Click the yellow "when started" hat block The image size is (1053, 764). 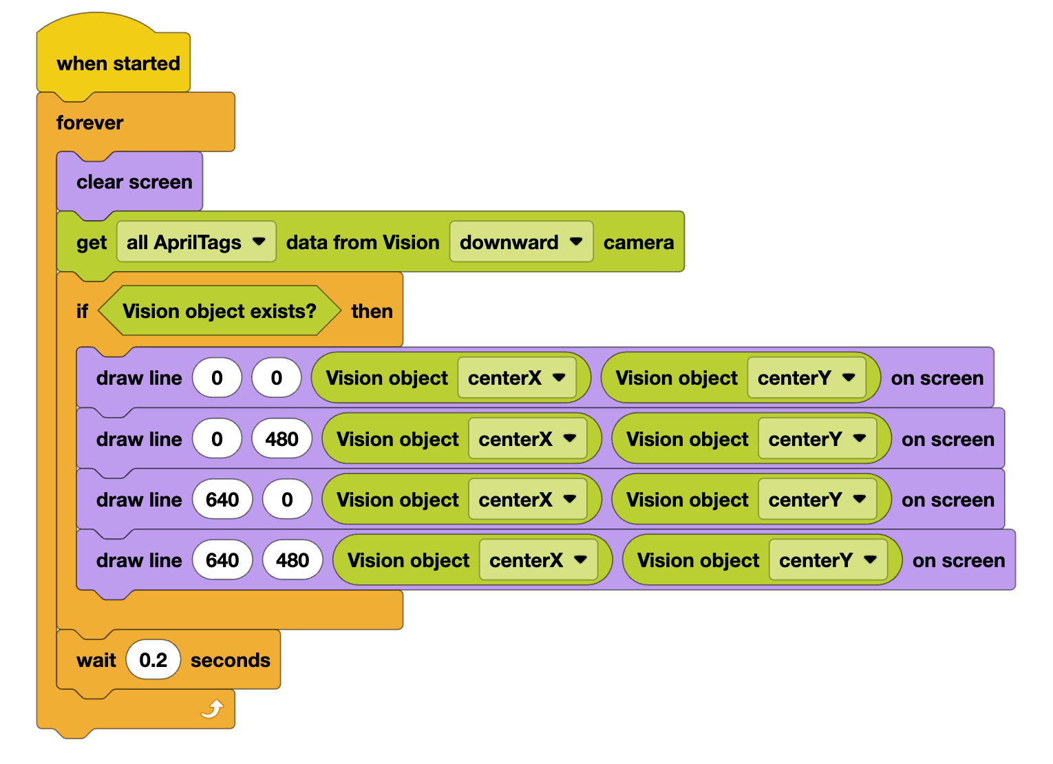118,63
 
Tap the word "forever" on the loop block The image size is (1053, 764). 89,123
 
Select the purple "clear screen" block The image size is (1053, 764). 134,182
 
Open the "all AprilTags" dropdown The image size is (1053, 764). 196,242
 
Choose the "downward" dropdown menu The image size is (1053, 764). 521,242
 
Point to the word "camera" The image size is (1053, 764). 638,242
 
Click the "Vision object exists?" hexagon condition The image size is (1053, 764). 219,311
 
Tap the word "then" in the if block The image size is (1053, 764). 372,311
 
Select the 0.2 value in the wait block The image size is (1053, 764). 153,660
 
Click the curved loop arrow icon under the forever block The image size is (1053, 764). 213,708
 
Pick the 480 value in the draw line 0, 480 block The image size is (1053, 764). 281,439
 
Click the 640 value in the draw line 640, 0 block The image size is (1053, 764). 222,500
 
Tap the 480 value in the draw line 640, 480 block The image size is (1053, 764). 292,560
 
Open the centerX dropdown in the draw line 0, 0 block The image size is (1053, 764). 516,378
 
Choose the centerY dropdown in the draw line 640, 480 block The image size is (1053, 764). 827,560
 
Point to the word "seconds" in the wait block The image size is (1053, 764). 230,660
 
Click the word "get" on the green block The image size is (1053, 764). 92,243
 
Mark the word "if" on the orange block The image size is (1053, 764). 82,311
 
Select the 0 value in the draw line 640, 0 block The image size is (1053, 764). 287,500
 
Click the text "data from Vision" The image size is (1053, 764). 363,242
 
